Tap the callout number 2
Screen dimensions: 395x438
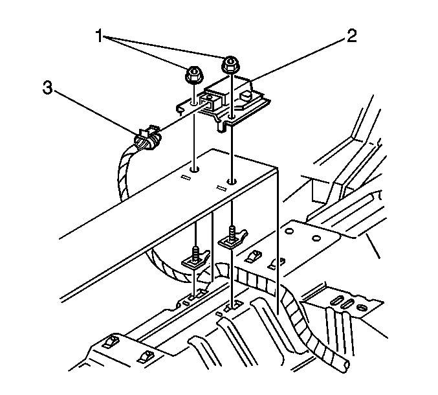[x=351, y=35]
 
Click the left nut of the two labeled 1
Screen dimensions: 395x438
[x=192, y=76]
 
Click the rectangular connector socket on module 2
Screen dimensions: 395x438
[x=210, y=100]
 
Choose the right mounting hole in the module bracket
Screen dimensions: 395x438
[x=232, y=117]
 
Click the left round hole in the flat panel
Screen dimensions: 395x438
[x=195, y=170]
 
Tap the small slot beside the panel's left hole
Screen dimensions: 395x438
[x=184, y=177]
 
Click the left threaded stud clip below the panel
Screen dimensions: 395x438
[x=194, y=259]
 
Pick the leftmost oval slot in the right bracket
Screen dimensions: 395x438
[x=336, y=299]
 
